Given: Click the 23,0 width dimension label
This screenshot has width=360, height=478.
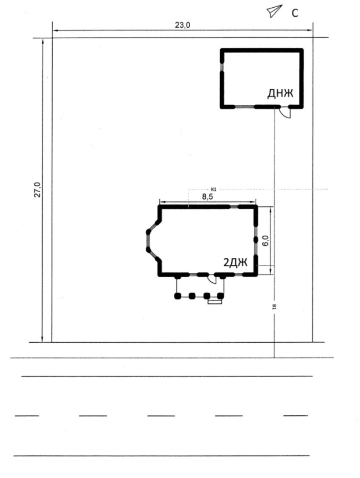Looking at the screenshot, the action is pyautogui.click(x=182, y=25).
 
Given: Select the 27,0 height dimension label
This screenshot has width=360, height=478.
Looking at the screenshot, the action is pyautogui.click(x=37, y=190).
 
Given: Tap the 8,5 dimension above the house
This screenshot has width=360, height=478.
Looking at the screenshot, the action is pyautogui.click(x=207, y=197).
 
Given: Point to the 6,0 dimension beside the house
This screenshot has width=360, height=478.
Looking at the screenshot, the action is pyautogui.click(x=266, y=241).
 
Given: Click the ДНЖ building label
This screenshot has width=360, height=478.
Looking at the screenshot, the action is pyautogui.click(x=280, y=93).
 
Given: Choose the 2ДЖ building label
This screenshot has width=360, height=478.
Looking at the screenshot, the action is pyautogui.click(x=235, y=262).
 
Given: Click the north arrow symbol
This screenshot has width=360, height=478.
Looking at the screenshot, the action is pyautogui.click(x=275, y=11).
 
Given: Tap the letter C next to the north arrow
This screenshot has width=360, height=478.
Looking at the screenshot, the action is pyautogui.click(x=295, y=13).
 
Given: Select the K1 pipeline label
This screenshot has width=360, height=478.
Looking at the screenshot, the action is pyautogui.click(x=214, y=189).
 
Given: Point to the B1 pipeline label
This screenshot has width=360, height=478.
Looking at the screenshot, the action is pyautogui.click(x=274, y=307).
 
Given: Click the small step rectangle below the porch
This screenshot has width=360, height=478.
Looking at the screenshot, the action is pyautogui.click(x=215, y=302).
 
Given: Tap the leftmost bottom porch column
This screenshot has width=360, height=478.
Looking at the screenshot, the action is pyautogui.click(x=178, y=296).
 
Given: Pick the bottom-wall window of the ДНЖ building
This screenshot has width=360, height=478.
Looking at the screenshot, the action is pyautogui.click(x=245, y=106).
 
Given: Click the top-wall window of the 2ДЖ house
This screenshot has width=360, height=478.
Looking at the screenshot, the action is pyautogui.click(x=234, y=207).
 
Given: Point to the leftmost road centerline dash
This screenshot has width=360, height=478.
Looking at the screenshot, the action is pyautogui.click(x=27, y=415).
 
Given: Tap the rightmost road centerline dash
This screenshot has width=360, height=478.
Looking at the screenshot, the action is pyautogui.click(x=295, y=415).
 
